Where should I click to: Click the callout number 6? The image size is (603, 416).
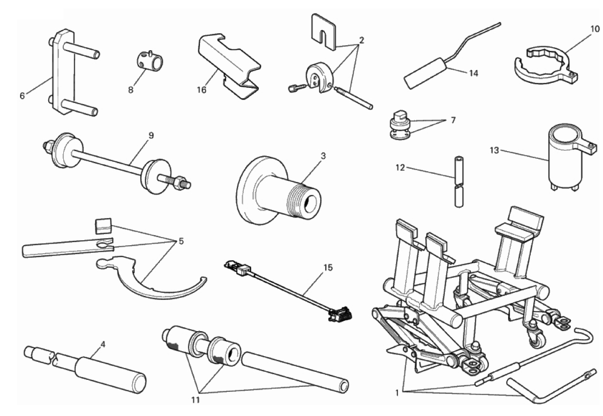(x=22, y=95)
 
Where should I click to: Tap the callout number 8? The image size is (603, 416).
(x=131, y=90)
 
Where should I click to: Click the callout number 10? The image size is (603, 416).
(x=594, y=29)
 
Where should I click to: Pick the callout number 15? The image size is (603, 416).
(x=328, y=267)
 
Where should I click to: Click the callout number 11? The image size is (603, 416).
(x=196, y=400)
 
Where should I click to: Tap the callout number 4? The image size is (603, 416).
(x=103, y=345)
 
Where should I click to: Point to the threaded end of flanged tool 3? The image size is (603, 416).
(x=307, y=195)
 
